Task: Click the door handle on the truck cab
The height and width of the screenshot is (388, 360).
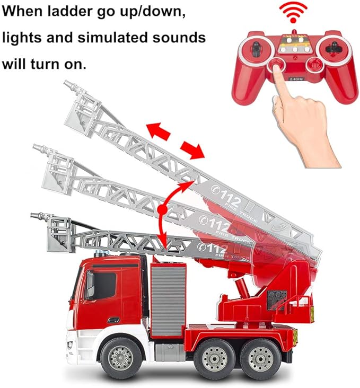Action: coord(112,320)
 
